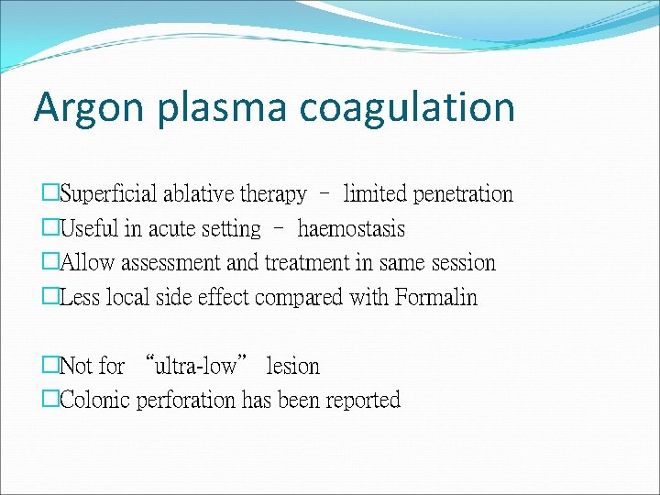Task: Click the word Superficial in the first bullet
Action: [109, 194]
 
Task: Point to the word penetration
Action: [463, 194]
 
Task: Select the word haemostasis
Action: [351, 228]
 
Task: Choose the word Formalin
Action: [436, 298]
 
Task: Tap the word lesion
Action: [292, 367]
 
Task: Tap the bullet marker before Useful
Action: [50, 228]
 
